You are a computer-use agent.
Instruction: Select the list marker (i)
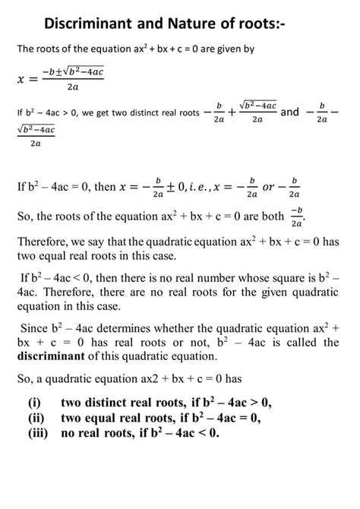[x=33, y=403]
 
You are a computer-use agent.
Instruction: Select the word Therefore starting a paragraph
[x=45, y=242]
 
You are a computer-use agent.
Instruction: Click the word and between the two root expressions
[x=290, y=112]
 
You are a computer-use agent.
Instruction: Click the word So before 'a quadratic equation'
[x=24, y=377]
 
